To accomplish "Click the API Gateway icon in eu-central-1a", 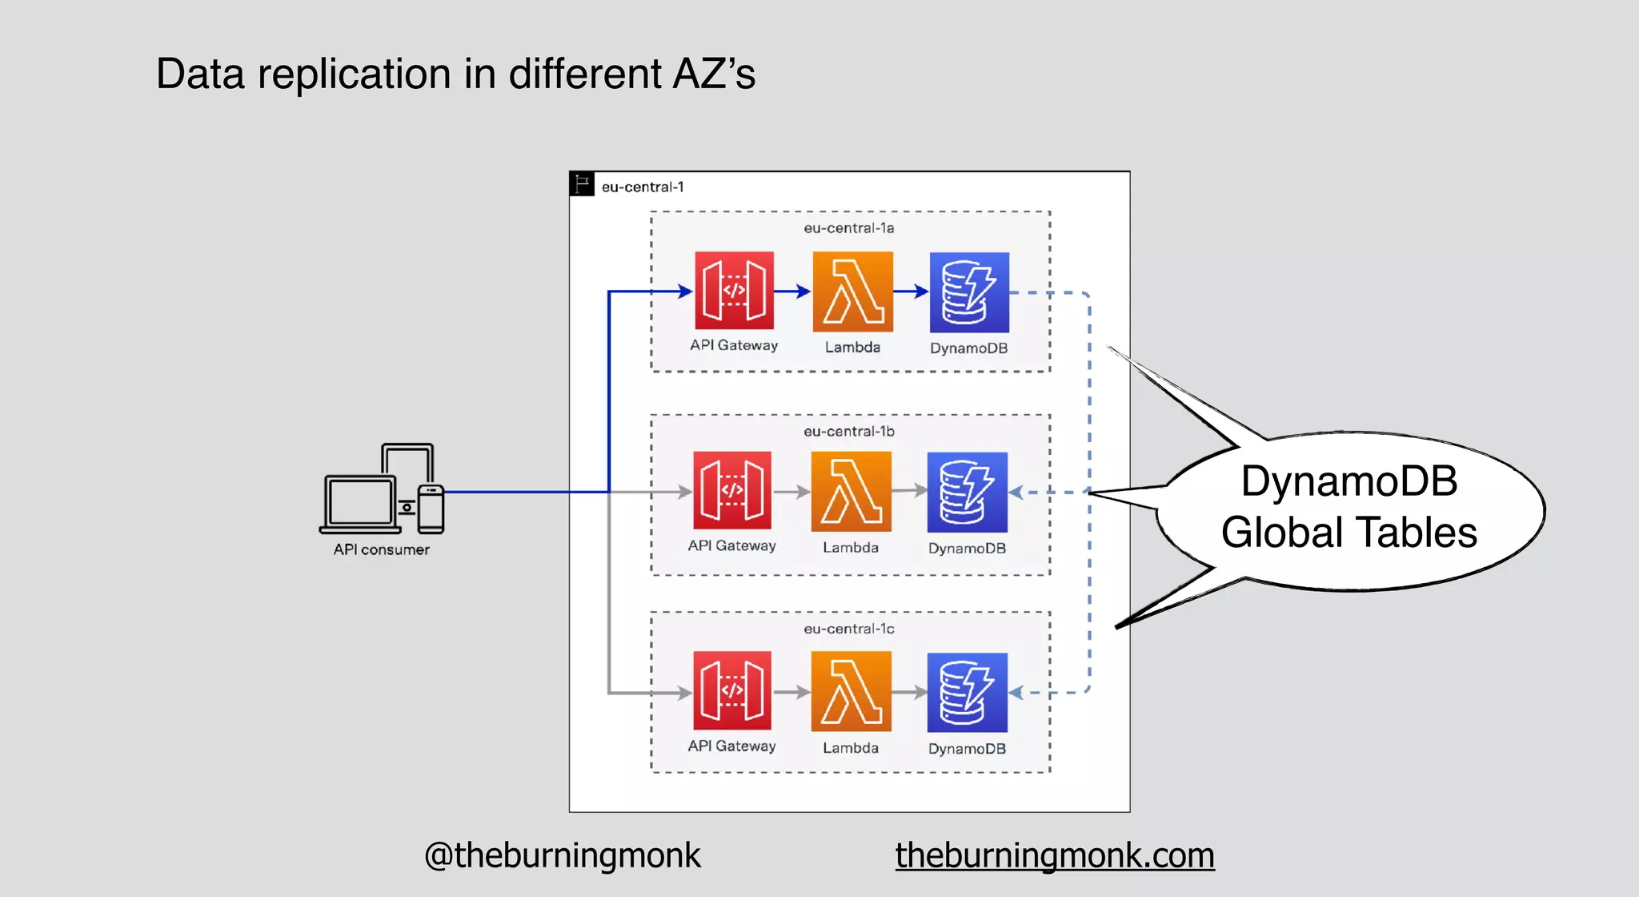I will (x=734, y=290).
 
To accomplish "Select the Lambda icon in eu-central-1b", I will (x=851, y=491).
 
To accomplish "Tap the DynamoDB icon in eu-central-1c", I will (x=967, y=692).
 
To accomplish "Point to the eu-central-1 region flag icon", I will (x=582, y=184).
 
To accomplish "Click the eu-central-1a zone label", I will (x=848, y=228).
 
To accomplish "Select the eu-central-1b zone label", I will (x=848, y=432).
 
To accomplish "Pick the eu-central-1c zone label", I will (x=848, y=629).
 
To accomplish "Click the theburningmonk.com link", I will (x=1054, y=855).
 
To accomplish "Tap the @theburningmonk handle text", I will (x=562, y=855).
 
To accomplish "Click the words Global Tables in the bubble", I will (x=1348, y=533).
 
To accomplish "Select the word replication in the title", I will (x=354, y=74).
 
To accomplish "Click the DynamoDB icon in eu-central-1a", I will (x=969, y=292).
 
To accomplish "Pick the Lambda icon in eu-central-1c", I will (x=851, y=691).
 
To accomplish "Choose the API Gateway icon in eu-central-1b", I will (x=732, y=490).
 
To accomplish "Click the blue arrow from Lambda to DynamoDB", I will (x=911, y=292).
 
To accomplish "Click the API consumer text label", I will (x=381, y=549).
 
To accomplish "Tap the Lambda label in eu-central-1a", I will (x=852, y=347).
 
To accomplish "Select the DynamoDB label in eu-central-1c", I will (x=967, y=748).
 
